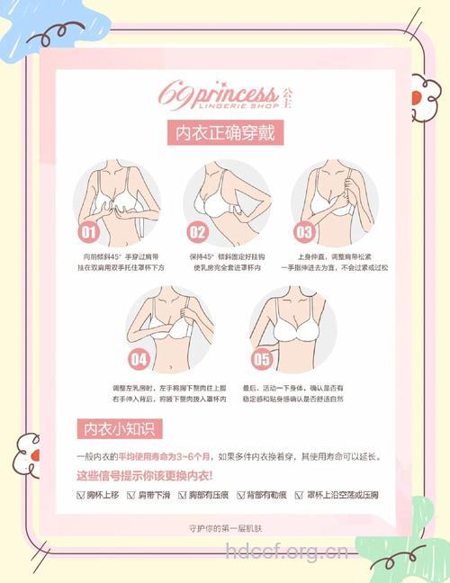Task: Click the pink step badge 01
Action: click(x=89, y=231)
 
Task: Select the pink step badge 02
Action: click(x=197, y=231)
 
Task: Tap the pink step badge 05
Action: click(x=261, y=359)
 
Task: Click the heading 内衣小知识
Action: click(x=117, y=427)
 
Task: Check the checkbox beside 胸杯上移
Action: click(x=80, y=495)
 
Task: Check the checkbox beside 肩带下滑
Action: click(x=130, y=495)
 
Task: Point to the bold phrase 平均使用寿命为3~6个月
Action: click(x=163, y=455)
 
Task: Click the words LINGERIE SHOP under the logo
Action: click(x=216, y=106)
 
